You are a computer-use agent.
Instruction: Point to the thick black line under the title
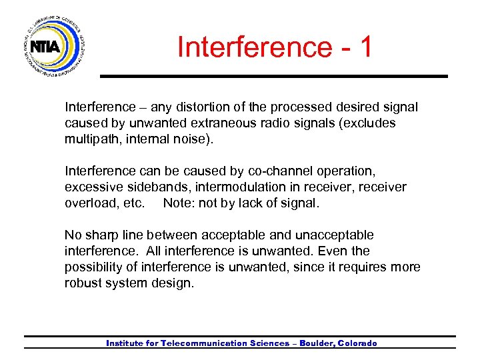coord(273,76)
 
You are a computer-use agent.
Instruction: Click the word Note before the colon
coord(177,203)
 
